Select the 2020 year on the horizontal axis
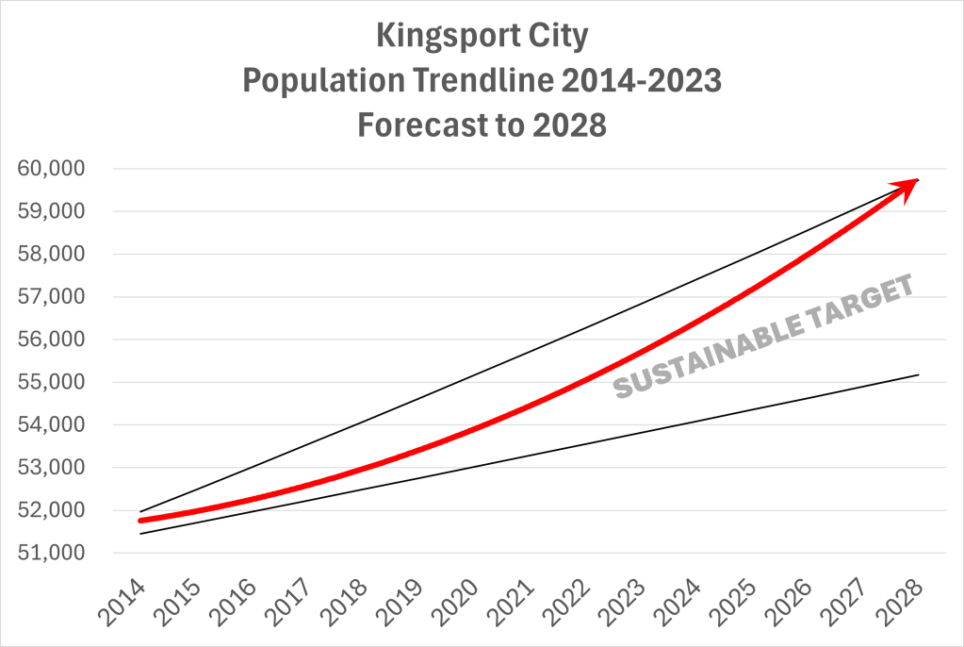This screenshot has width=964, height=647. click(x=458, y=599)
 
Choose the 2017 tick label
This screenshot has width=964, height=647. click(x=292, y=599)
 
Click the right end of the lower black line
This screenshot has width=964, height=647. click(x=918, y=375)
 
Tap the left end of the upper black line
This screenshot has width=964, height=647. click(x=140, y=511)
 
